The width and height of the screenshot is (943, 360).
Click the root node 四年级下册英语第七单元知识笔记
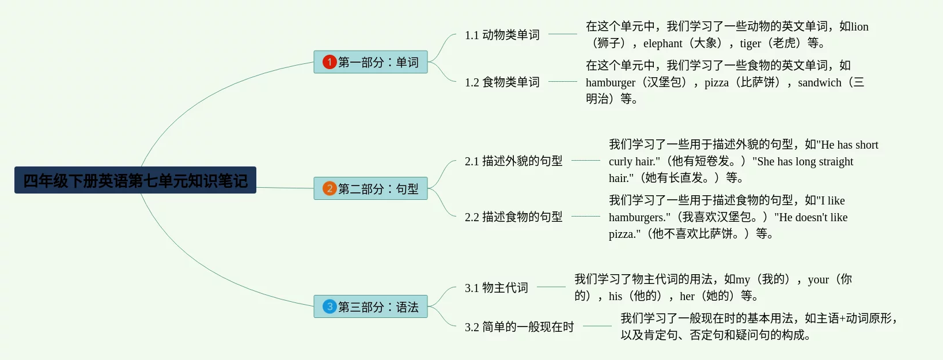pos(135,180)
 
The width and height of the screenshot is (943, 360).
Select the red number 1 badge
pos(330,62)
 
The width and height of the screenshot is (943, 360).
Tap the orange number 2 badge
pos(330,188)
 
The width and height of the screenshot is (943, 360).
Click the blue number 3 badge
pos(330,306)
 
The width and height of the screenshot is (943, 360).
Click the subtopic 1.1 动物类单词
pos(502,35)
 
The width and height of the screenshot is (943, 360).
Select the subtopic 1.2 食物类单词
pos(502,82)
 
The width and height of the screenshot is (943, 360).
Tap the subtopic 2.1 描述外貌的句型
pos(514,161)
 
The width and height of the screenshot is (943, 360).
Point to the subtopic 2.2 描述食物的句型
pos(514,217)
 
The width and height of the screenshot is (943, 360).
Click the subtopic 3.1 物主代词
pos(497,288)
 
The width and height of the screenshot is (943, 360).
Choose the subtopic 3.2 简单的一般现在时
pos(520,327)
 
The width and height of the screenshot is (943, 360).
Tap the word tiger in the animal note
pos(750,44)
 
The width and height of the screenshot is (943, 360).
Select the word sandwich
pos(819,83)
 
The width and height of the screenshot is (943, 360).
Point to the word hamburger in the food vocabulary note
pos(611,83)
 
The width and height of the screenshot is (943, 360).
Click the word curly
pos(620,162)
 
